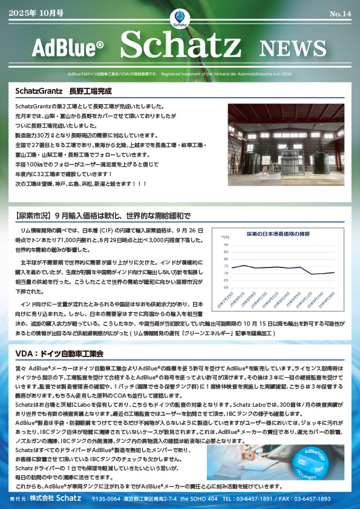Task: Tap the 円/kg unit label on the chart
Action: pyautogui.click(x=225, y=237)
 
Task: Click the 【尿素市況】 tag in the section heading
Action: pyautogui.click(x=33, y=215)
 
